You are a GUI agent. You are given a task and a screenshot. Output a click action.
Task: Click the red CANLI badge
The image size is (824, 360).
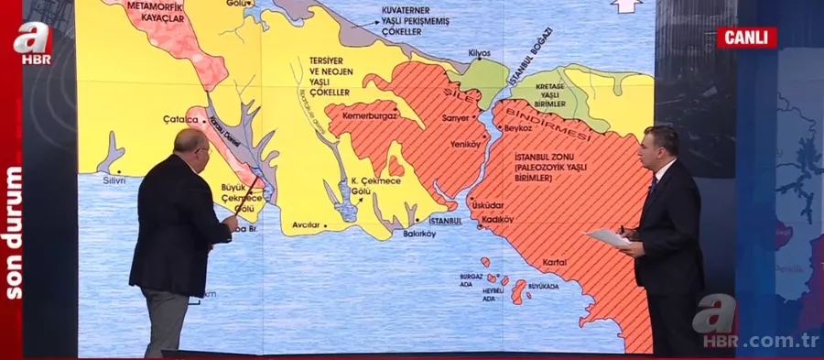746,38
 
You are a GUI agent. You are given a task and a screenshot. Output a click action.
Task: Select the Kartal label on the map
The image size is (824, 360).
554,262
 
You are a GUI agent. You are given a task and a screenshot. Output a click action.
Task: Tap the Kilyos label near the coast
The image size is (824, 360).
480,54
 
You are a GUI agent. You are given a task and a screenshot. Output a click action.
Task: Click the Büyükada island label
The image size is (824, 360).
543,286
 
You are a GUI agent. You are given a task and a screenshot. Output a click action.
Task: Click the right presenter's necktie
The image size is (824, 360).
652,185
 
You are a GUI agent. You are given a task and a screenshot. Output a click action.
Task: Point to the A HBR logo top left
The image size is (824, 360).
31,43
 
